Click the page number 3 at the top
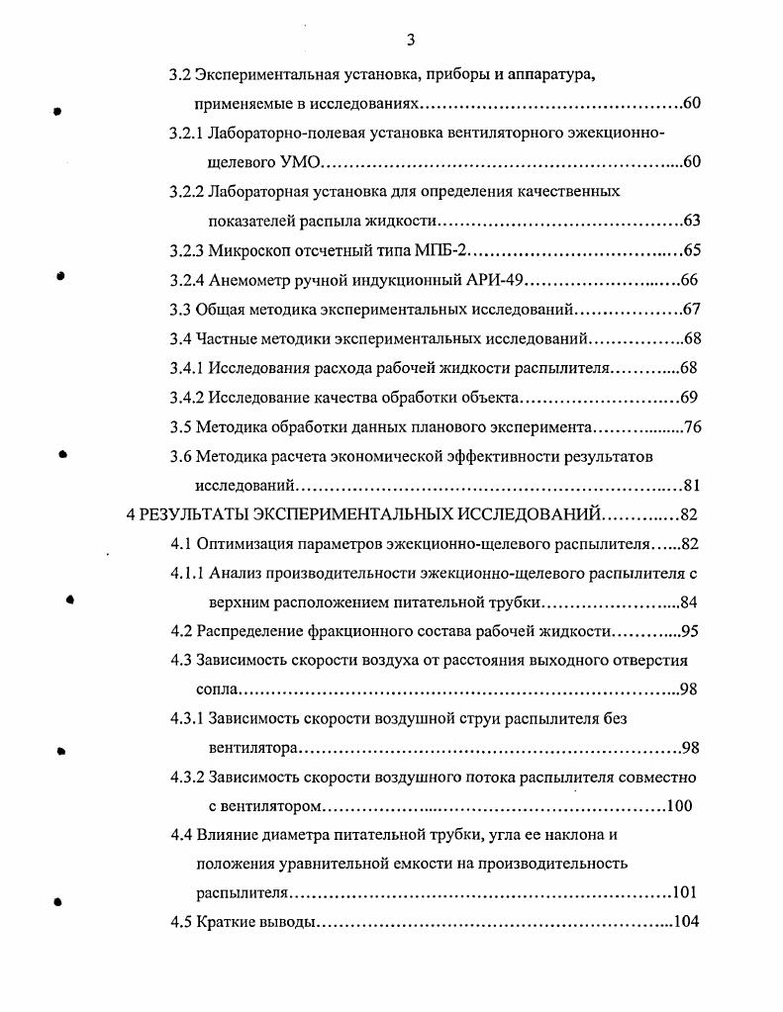410,41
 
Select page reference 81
692,486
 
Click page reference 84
691,602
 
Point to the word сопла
216,690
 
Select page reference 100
679,805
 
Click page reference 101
685,893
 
